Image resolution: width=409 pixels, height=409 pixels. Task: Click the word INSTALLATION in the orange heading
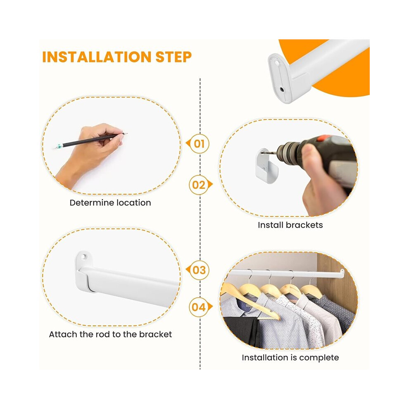[x=97, y=57]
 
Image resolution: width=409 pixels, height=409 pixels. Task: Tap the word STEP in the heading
[x=174, y=57]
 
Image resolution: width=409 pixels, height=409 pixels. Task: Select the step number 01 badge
[x=198, y=143]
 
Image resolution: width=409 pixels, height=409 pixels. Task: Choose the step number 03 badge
[x=198, y=270]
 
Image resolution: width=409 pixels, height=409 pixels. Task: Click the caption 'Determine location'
[x=110, y=203]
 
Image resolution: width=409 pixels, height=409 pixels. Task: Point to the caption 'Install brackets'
[x=290, y=225]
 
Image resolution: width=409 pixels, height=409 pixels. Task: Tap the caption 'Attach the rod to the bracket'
[x=110, y=334]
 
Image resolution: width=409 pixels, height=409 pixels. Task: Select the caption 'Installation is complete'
[x=290, y=357]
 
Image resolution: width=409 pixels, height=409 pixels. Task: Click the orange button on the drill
[x=325, y=138]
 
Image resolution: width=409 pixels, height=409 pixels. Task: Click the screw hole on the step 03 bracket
[x=83, y=257]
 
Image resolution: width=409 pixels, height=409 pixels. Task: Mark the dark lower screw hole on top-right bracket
[x=282, y=90]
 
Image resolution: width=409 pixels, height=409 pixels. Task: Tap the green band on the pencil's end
[x=60, y=146]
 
